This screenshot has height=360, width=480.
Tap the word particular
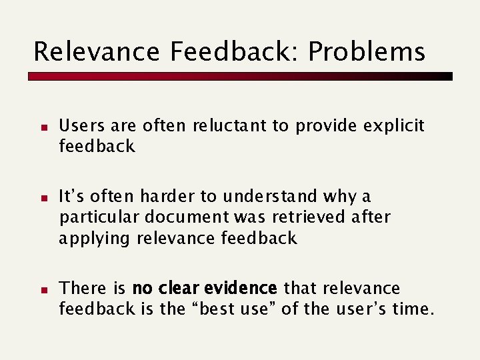point(100,218)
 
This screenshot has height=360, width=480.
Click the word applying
point(94,239)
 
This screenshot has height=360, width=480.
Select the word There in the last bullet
point(83,289)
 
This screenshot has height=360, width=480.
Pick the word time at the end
point(413,309)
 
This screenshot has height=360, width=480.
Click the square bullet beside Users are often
point(41,127)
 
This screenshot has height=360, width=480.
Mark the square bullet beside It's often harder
point(41,198)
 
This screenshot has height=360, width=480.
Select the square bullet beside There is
point(41,289)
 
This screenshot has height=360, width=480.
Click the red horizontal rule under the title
point(240,77)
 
